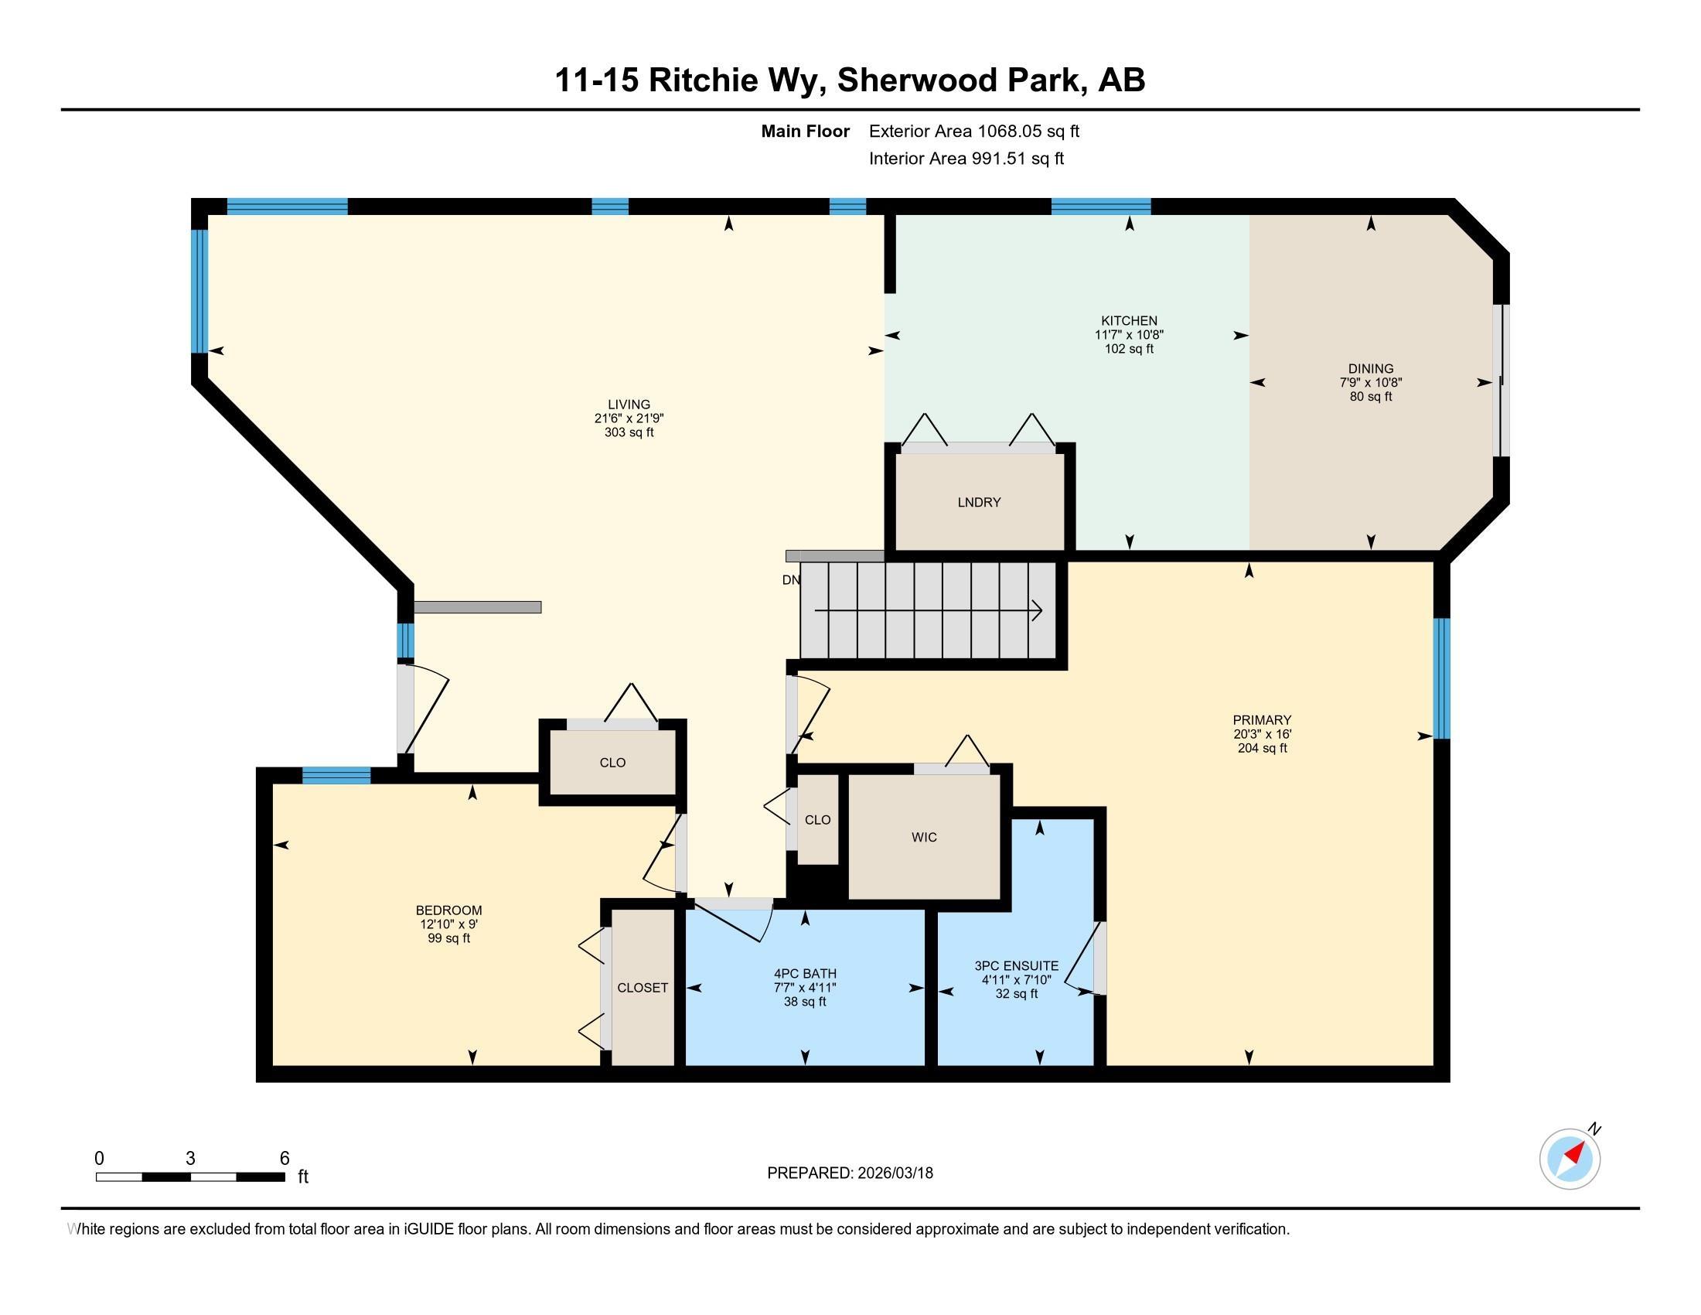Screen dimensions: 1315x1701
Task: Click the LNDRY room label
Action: pos(979,503)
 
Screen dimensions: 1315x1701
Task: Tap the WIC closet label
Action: pos(924,838)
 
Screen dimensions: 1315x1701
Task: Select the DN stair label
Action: pos(790,579)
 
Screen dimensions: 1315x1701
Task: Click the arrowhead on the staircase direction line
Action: pos(1038,611)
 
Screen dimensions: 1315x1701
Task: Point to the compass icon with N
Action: pos(1570,1159)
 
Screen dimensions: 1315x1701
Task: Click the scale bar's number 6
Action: pos(285,1159)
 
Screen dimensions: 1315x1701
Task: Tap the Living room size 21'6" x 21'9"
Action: pos(629,418)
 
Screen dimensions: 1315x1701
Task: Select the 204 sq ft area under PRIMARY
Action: pos(1262,748)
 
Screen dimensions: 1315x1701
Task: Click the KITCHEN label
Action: pos(1129,321)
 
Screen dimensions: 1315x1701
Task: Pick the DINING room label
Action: pos(1371,368)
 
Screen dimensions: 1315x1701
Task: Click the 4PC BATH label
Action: pos(805,973)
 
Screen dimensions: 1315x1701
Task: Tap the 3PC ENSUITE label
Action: pos(1017,966)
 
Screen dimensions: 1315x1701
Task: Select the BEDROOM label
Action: pos(448,910)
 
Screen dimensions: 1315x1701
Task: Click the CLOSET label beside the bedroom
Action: pos(643,988)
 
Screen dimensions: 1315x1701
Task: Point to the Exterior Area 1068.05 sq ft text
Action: pos(973,131)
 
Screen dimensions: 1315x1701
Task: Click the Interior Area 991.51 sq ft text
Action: pos(966,159)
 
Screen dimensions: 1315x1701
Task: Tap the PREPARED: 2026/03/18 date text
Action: pos(850,1173)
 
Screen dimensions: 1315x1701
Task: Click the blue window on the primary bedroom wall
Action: pos(1442,678)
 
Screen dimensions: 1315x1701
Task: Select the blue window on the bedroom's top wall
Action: pos(336,775)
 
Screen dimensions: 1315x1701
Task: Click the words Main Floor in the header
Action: pos(805,131)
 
